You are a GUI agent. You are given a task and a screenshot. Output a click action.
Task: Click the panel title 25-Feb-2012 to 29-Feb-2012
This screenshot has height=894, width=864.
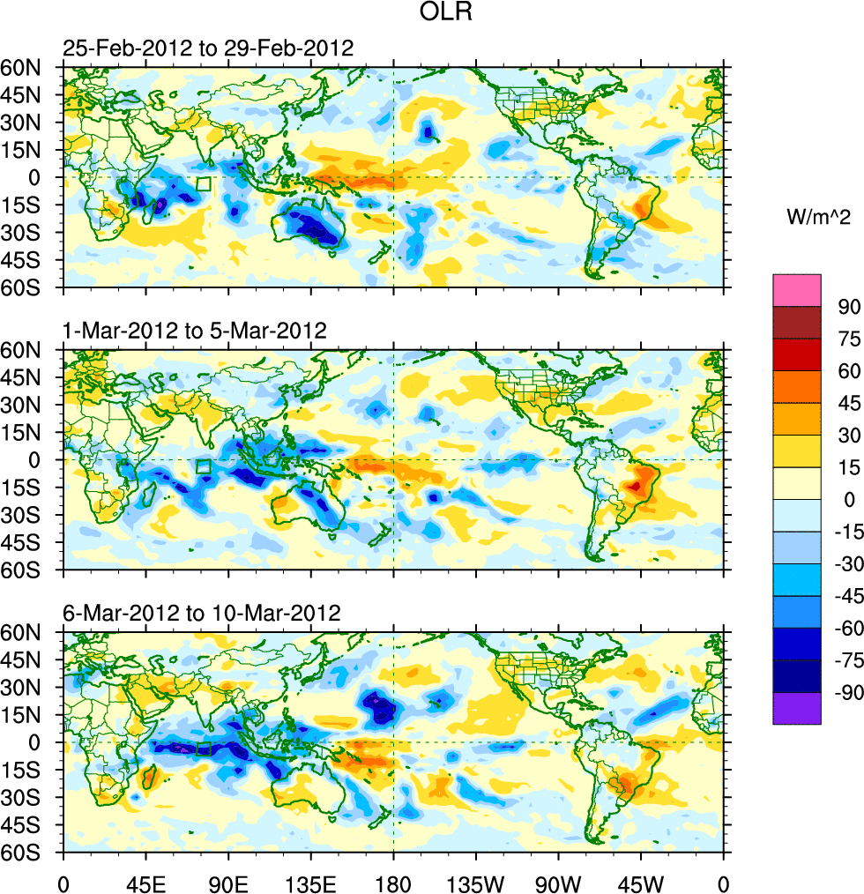click(208, 48)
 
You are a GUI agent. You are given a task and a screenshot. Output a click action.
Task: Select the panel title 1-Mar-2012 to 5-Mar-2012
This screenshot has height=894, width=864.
click(195, 331)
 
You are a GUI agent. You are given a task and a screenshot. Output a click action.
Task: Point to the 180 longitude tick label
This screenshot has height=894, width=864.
click(393, 883)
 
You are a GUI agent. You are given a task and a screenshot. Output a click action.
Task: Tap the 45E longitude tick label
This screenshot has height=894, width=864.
click(145, 883)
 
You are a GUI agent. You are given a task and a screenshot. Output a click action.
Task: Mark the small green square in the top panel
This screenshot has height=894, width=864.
click(204, 184)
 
